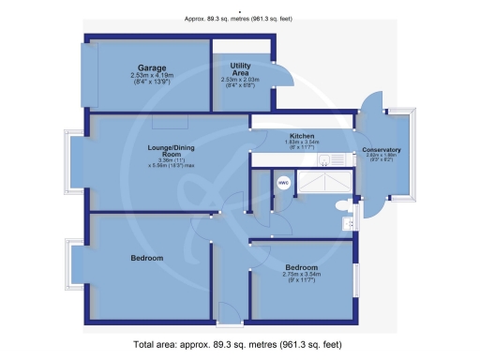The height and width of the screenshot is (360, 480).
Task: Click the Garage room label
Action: pos(145,68)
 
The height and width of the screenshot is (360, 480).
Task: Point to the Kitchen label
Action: pos(302,135)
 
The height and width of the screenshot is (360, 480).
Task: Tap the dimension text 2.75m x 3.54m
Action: pos(302,276)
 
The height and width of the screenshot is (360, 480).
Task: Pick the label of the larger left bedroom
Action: pos(147,258)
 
